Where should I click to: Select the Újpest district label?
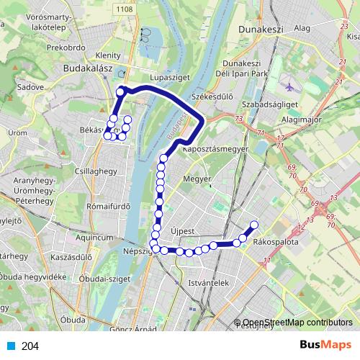(185, 232)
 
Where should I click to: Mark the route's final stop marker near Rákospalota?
(254, 225)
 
